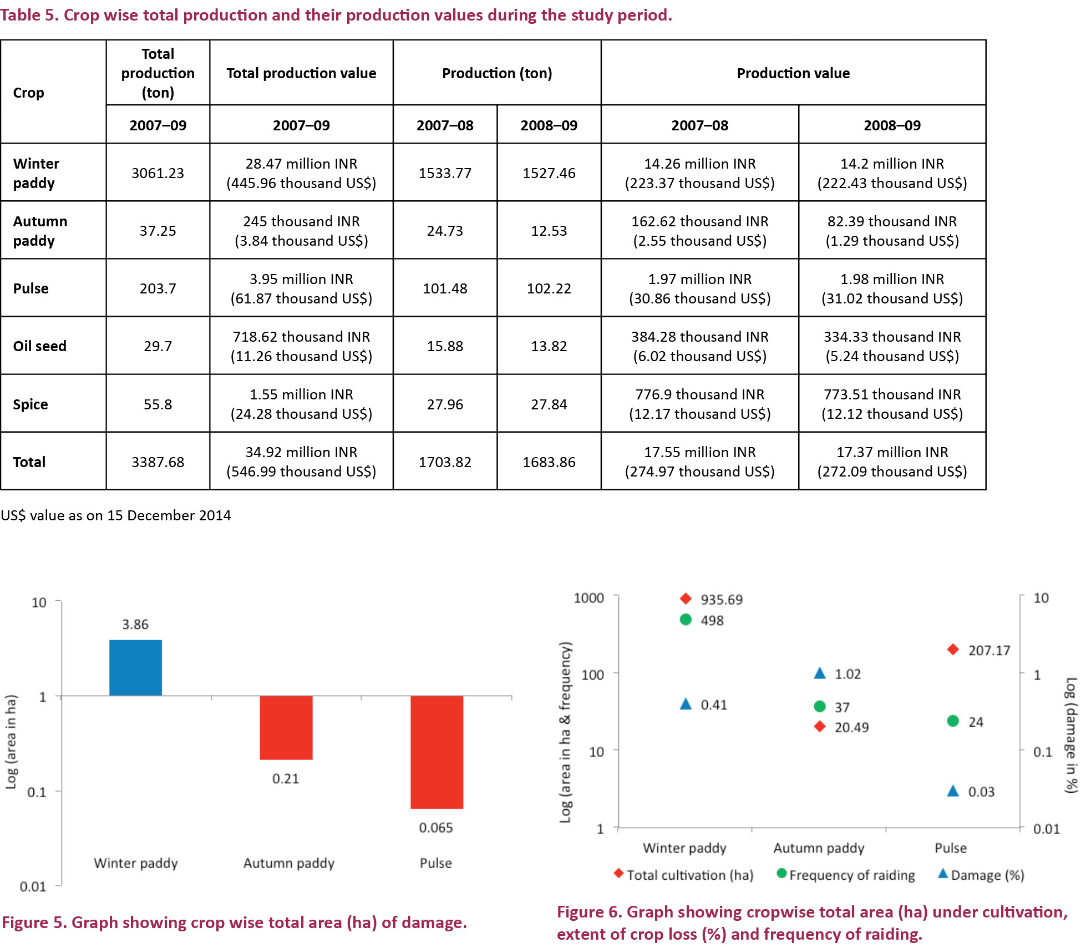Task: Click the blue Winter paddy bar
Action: (x=135, y=667)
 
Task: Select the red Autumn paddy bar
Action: (x=286, y=727)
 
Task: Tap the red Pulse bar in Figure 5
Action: (x=437, y=752)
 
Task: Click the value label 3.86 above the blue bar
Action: (x=135, y=625)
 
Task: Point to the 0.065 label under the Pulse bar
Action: (x=436, y=828)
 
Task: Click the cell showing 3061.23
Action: (x=158, y=173)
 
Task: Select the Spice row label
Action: (x=31, y=404)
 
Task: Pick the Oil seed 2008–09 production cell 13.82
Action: (x=549, y=346)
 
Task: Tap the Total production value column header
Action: (x=301, y=73)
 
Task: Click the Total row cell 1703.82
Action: (x=445, y=462)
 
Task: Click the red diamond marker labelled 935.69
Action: (x=686, y=599)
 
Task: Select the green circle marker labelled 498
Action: (x=686, y=620)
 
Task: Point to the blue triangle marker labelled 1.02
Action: (x=820, y=674)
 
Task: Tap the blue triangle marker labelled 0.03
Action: (x=953, y=791)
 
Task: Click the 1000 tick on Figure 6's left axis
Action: (x=588, y=598)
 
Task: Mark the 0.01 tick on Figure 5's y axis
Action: (x=33, y=886)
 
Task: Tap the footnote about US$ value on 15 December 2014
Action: (x=116, y=515)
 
